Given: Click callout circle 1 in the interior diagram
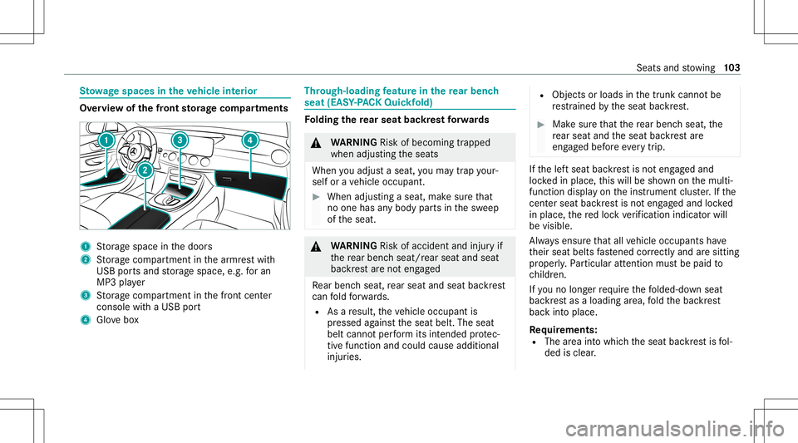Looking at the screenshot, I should [107, 141].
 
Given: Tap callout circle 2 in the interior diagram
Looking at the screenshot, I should [145, 170].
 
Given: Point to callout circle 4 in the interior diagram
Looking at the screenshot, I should [250, 140].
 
